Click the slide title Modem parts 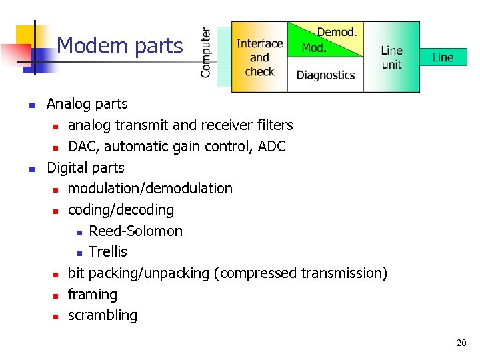point(119,46)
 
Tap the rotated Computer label point(206,52)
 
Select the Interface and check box point(259,57)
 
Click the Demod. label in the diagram point(337,32)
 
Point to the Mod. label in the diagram point(314,48)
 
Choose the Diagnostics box point(325,75)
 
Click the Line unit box point(391,57)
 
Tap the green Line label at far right point(443,57)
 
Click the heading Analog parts point(87,104)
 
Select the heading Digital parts point(85,167)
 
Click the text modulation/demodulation point(150,189)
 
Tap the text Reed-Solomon point(135,231)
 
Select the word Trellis point(108,252)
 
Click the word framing point(93,295)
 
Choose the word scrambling point(103,315)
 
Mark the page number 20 point(461,343)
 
